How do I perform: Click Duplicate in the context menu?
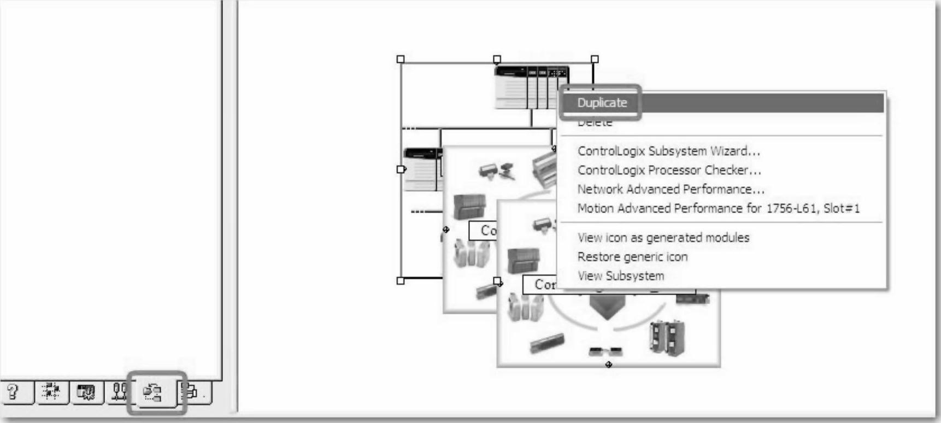coord(602,103)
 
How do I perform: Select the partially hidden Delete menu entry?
coord(595,123)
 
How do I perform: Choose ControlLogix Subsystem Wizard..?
coord(668,151)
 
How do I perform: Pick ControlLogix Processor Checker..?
coord(669,170)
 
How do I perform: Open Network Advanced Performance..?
coord(671,189)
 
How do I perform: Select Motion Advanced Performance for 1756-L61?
coord(718,208)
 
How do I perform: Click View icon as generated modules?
coord(663,238)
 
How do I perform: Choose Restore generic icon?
coord(632,257)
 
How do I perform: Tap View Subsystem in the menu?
coord(620,276)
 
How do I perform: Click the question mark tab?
coord(14,392)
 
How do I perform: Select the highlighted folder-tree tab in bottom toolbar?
coord(153,392)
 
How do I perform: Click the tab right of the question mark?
coord(51,392)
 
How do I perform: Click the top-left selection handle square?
coord(401,59)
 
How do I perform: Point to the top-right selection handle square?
coord(595,59)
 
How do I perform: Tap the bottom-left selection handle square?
coord(401,281)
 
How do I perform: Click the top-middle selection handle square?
coord(497,59)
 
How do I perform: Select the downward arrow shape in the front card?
coord(603,309)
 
